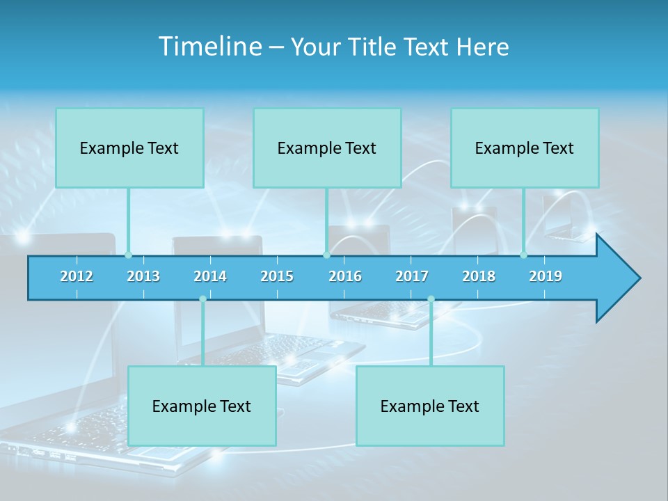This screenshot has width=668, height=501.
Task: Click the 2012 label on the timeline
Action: point(77,276)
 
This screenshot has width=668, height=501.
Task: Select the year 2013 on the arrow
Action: point(143,276)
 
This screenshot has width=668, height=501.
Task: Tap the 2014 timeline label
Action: point(210,276)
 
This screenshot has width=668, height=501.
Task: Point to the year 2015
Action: point(277,276)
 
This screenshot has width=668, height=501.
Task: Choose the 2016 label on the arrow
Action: point(345,276)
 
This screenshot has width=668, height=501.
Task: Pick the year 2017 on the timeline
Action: point(412,276)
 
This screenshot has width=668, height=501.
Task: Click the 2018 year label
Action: point(479,276)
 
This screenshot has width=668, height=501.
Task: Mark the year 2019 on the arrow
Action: point(546,276)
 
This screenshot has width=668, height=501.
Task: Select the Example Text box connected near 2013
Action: point(129,148)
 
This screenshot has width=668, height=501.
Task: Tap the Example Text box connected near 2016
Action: point(327,148)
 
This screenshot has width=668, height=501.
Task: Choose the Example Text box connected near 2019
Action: point(525,148)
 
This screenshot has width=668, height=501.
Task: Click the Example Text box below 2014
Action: point(202,406)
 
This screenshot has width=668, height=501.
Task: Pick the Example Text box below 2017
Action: point(430,406)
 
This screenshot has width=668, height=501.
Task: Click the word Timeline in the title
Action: point(209,47)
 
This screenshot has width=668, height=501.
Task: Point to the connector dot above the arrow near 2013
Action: point(128,255)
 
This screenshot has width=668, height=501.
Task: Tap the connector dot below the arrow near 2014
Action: point(202,299)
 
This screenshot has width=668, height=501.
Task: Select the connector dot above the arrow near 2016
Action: point(326,255)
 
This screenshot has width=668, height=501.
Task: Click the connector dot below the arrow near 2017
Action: point(431,299)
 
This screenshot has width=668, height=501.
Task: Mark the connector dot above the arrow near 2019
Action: point(524,255)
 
